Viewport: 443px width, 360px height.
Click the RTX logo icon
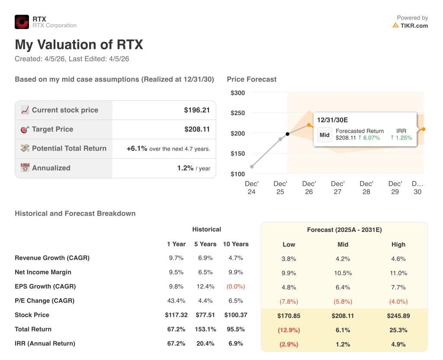point(22,22)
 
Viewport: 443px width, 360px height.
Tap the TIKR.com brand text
point(414,26)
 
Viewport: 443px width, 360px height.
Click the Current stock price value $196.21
point(197,110)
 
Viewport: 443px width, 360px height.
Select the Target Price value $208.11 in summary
point(197,129)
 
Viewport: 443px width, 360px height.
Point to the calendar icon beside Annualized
point(25,168)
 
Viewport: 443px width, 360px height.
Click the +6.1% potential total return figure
point(137,148)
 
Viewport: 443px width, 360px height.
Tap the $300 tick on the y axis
point(238,93)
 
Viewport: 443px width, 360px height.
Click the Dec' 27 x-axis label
point(337,188)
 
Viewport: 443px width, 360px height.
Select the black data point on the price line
point(287,134)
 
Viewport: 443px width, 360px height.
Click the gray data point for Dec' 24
point(252,167)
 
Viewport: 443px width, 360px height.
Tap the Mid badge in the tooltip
point(324,135)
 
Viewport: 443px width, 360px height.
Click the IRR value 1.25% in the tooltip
point(401,138)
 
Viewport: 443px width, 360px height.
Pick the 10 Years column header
point(236,244)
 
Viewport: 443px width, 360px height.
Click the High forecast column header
point(398,244)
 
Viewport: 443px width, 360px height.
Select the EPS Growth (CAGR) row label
point(45,286)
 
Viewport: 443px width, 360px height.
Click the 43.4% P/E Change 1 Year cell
point(176,301)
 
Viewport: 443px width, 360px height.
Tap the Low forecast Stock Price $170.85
point(289,316)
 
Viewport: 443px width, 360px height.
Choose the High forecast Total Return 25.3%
point(398,330)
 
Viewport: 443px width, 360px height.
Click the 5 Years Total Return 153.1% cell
point(205,329)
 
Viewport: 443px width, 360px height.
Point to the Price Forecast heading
point(251,79)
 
